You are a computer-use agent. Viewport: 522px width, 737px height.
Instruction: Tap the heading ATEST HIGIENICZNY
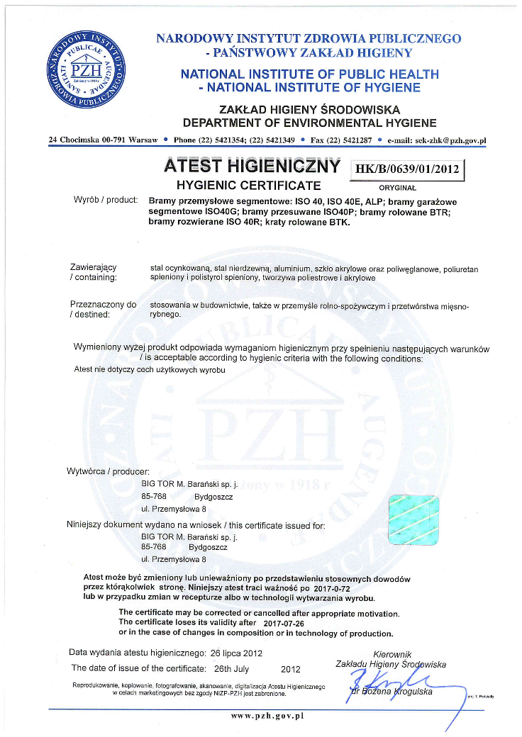252,167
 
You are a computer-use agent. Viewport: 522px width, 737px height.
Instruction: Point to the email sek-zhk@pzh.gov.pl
436,140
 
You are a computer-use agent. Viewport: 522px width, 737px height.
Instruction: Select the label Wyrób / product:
106,201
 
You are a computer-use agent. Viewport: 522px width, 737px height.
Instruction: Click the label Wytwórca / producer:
108,471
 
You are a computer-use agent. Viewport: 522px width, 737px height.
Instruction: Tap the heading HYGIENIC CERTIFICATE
248,186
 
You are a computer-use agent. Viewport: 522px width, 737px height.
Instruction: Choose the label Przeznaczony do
103,305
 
